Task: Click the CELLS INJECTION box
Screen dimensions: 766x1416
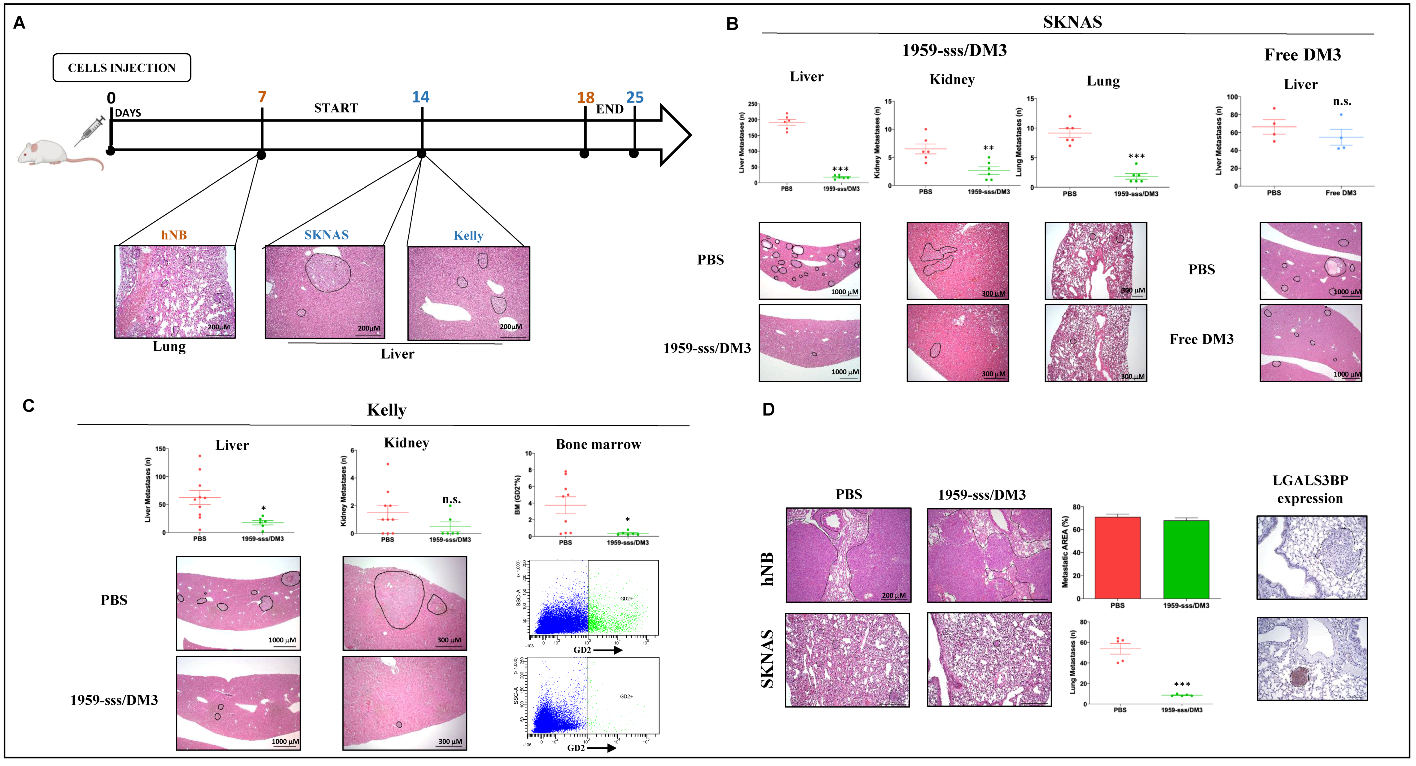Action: pos(121,68)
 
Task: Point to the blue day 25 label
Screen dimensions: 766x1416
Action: pos(635,97)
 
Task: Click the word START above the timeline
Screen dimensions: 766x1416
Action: pos(336,108)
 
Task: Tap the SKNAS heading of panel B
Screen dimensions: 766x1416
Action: pos(1072,22)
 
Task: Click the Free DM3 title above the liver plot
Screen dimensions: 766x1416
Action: pos(1302,55)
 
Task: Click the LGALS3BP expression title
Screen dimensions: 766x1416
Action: pos(1310,489)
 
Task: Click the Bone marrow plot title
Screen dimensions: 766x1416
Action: pos(598,444)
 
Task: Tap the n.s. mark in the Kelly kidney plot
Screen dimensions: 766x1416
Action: pos(451,499)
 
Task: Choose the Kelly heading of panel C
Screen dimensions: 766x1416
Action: pos(386,410)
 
